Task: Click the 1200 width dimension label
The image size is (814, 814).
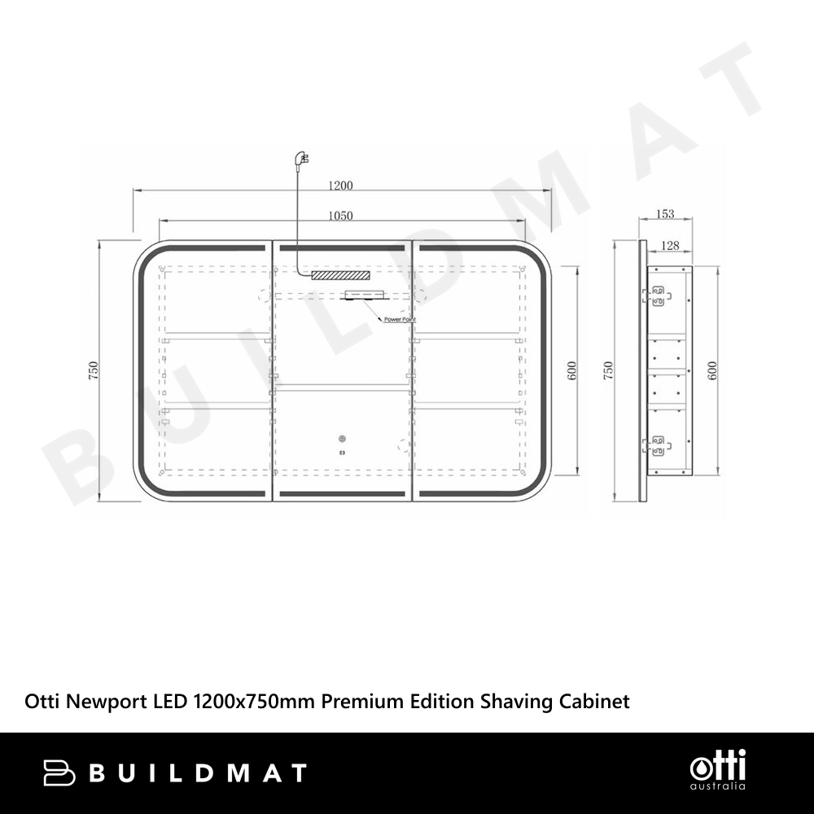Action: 340,186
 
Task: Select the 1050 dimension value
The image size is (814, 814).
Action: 340,216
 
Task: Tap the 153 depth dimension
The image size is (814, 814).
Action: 665,213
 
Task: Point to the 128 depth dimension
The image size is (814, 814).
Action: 670,245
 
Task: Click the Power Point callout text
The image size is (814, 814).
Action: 400,319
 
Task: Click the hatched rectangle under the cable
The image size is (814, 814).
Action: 341,275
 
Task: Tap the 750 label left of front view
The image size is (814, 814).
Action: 94,370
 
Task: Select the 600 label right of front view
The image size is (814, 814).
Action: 571,370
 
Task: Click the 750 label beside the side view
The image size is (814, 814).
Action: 608,370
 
